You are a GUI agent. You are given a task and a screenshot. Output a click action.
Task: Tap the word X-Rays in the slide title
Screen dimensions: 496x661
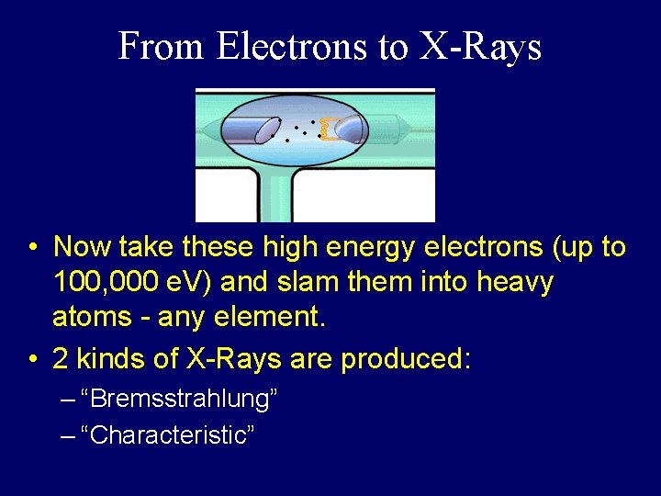click(480, 46)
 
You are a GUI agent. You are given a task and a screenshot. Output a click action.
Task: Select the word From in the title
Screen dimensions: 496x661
click(162, 46)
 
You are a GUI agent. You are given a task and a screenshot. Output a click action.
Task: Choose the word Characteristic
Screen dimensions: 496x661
click(167, 434)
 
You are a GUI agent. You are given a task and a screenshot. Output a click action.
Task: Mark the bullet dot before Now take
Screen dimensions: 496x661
click(32, 248)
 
